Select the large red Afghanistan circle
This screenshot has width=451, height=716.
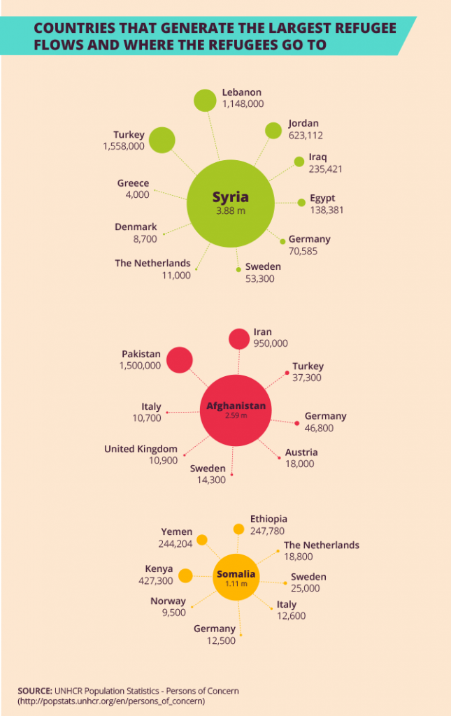[236, 410]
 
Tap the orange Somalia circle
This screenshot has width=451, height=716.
[236, 577]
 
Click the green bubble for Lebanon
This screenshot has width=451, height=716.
[205, 100]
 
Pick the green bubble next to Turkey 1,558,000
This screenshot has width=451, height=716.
[162, 140]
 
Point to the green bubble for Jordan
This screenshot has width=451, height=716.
[273, 130]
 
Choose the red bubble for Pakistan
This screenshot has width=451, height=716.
[179, 359]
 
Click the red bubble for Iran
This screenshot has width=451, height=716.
[239, 338]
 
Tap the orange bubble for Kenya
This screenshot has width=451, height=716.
[185, 575]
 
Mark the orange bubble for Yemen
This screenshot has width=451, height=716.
[202, 539]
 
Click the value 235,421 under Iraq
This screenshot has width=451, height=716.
[325, 169]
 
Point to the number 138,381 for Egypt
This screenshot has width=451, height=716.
[327, 210]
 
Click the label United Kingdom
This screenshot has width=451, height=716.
[141, 449]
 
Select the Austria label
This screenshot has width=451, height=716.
[301, 452]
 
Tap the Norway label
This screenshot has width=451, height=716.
[168, 601]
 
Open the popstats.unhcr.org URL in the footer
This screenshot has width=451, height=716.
[112, 701]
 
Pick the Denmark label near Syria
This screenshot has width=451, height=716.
[136, 227]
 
